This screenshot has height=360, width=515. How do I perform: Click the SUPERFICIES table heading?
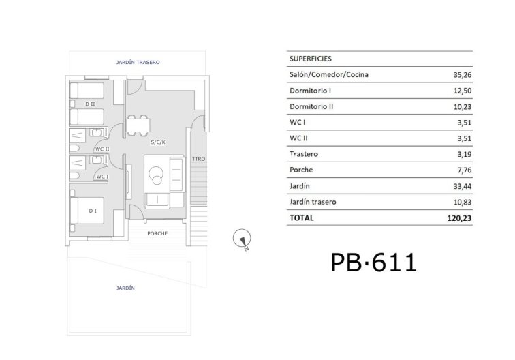click(311, 59)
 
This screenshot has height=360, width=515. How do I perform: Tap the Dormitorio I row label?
click(311, 91)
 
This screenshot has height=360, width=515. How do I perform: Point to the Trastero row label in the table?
click(304, 155)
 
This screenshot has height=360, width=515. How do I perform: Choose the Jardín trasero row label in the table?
click(313, 202)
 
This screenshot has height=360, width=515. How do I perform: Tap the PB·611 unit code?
click(373, 262)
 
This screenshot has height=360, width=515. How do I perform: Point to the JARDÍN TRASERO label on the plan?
click(138, 62)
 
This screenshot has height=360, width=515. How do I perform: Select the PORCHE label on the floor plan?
click(157, 233)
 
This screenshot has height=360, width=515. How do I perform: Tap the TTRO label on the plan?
click(198, 159)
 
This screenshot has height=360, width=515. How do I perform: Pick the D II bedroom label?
click(90, 104)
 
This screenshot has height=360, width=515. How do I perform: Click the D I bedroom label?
click(92, 211)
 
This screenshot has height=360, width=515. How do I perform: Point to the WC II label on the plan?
click(102, 149)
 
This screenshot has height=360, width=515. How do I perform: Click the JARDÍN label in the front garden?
click(125, 288)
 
